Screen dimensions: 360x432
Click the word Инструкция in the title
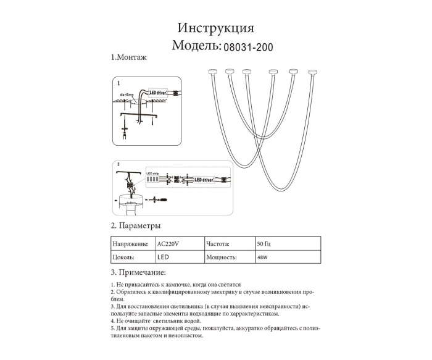(215, 28)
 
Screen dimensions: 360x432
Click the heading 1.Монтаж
(128, 58)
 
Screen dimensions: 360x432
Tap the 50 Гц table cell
(264, 243)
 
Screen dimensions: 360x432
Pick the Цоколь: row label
(123, 257)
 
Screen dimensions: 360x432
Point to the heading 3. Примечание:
(138, 272)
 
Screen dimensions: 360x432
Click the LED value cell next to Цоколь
(164, 257)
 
